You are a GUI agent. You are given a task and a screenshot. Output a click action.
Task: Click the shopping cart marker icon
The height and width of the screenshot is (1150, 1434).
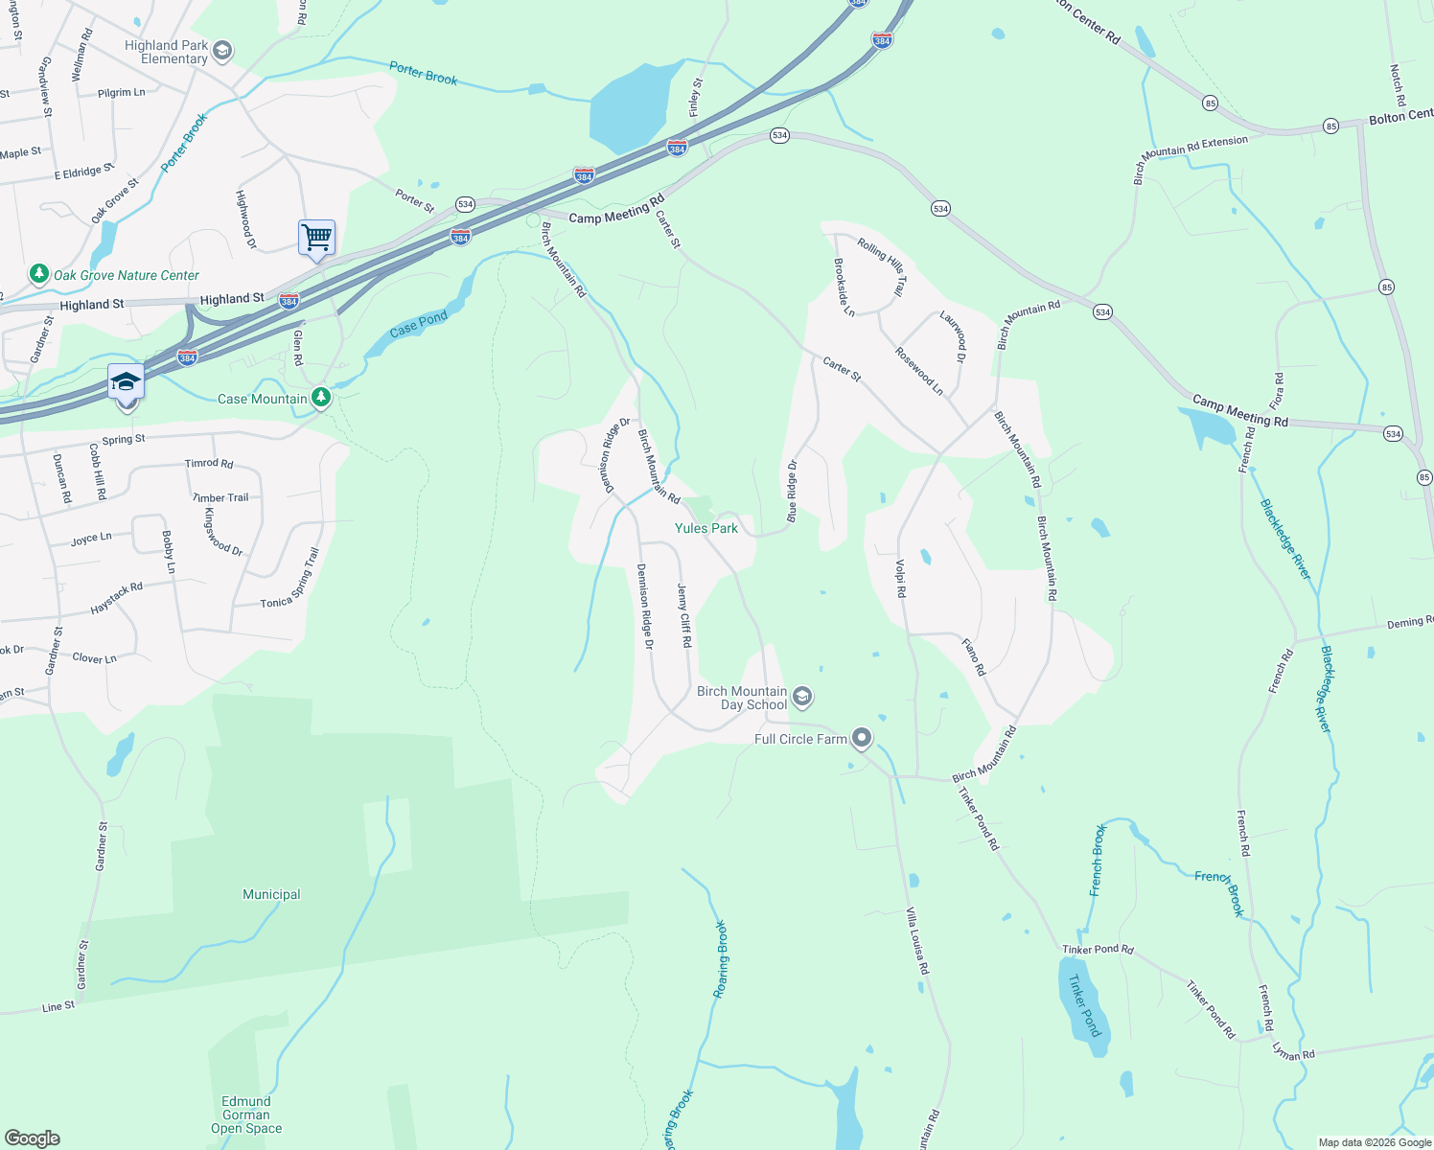coord(316,236)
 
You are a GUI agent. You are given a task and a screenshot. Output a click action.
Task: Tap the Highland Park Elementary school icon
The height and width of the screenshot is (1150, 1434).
coord(222,51)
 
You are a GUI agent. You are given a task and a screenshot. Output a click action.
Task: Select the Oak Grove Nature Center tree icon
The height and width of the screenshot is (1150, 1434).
coord(38,275)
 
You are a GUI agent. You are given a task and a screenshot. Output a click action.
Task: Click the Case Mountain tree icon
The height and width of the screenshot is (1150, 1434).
coord(321,398)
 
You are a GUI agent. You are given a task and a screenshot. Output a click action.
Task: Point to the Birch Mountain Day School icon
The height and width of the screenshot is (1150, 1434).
coord(803,697)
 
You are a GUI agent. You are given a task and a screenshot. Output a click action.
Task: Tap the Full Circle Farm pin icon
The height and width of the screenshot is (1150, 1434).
coord(862,738)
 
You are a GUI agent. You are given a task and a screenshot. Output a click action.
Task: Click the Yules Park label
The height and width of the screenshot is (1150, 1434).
coord(706,528)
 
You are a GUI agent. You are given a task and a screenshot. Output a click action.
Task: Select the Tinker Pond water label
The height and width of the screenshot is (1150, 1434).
coord(1084,1005)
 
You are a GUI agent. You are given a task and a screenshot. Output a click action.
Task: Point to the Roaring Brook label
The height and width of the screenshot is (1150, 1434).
coord(721,959)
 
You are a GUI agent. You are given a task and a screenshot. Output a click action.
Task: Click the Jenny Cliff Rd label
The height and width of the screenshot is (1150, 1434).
coord(684,616)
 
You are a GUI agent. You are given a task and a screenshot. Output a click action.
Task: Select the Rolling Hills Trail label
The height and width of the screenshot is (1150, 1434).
coord(881,266)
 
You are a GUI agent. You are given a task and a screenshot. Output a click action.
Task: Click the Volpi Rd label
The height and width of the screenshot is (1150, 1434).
coord(900,579)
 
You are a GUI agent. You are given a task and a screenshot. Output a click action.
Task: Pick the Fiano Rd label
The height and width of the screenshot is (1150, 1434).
coord(974,656)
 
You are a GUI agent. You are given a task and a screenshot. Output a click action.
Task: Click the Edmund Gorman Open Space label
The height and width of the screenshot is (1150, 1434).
coord(246,1115)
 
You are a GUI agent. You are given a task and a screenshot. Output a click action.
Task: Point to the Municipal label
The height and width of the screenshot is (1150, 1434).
coord(271,894)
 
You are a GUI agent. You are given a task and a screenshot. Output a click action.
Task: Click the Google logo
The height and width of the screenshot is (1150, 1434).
coord(33,1138)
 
